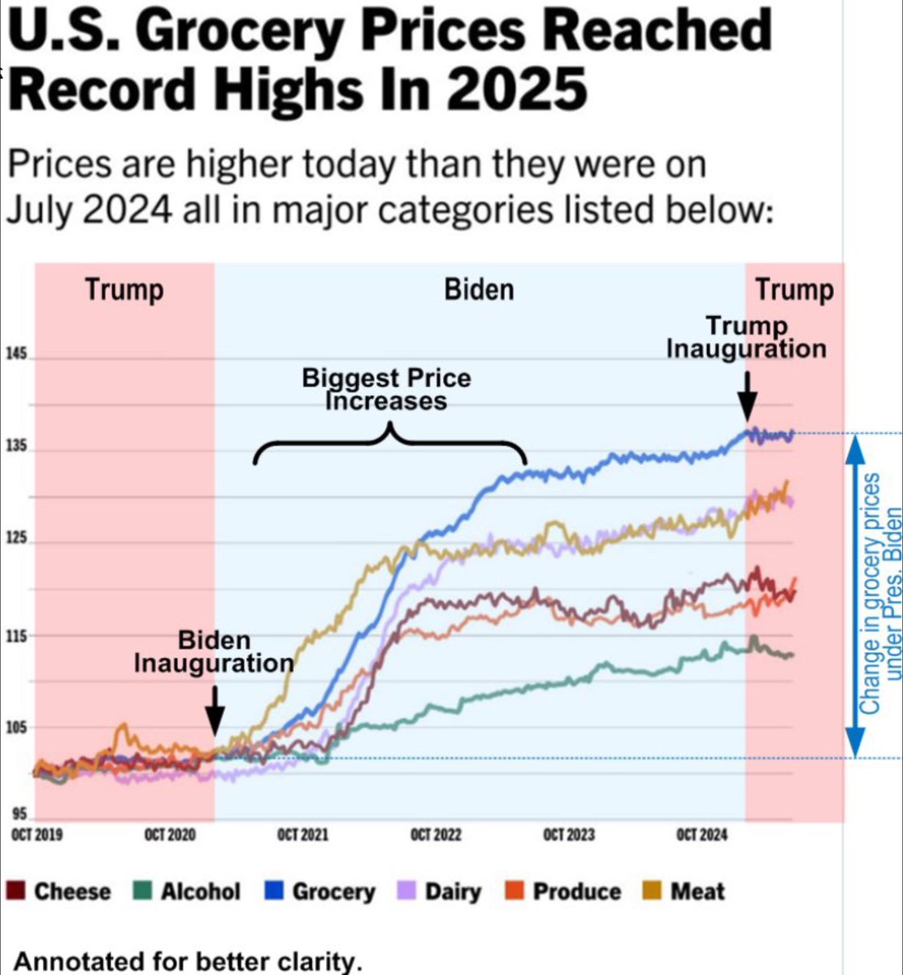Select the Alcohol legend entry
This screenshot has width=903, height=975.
[188, 891]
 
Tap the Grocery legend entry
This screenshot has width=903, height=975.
[321, 891]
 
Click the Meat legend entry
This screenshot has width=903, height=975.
[687, 891]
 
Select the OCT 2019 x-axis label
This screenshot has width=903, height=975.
[37, 835]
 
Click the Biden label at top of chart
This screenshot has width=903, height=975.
[479, 290]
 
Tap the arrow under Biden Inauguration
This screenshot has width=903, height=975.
[215, 708]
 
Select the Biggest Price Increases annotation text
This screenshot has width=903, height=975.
[386, 389]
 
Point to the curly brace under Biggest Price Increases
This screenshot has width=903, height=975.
[390, 443]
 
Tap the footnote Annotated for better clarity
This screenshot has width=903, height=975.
[188, 961]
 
